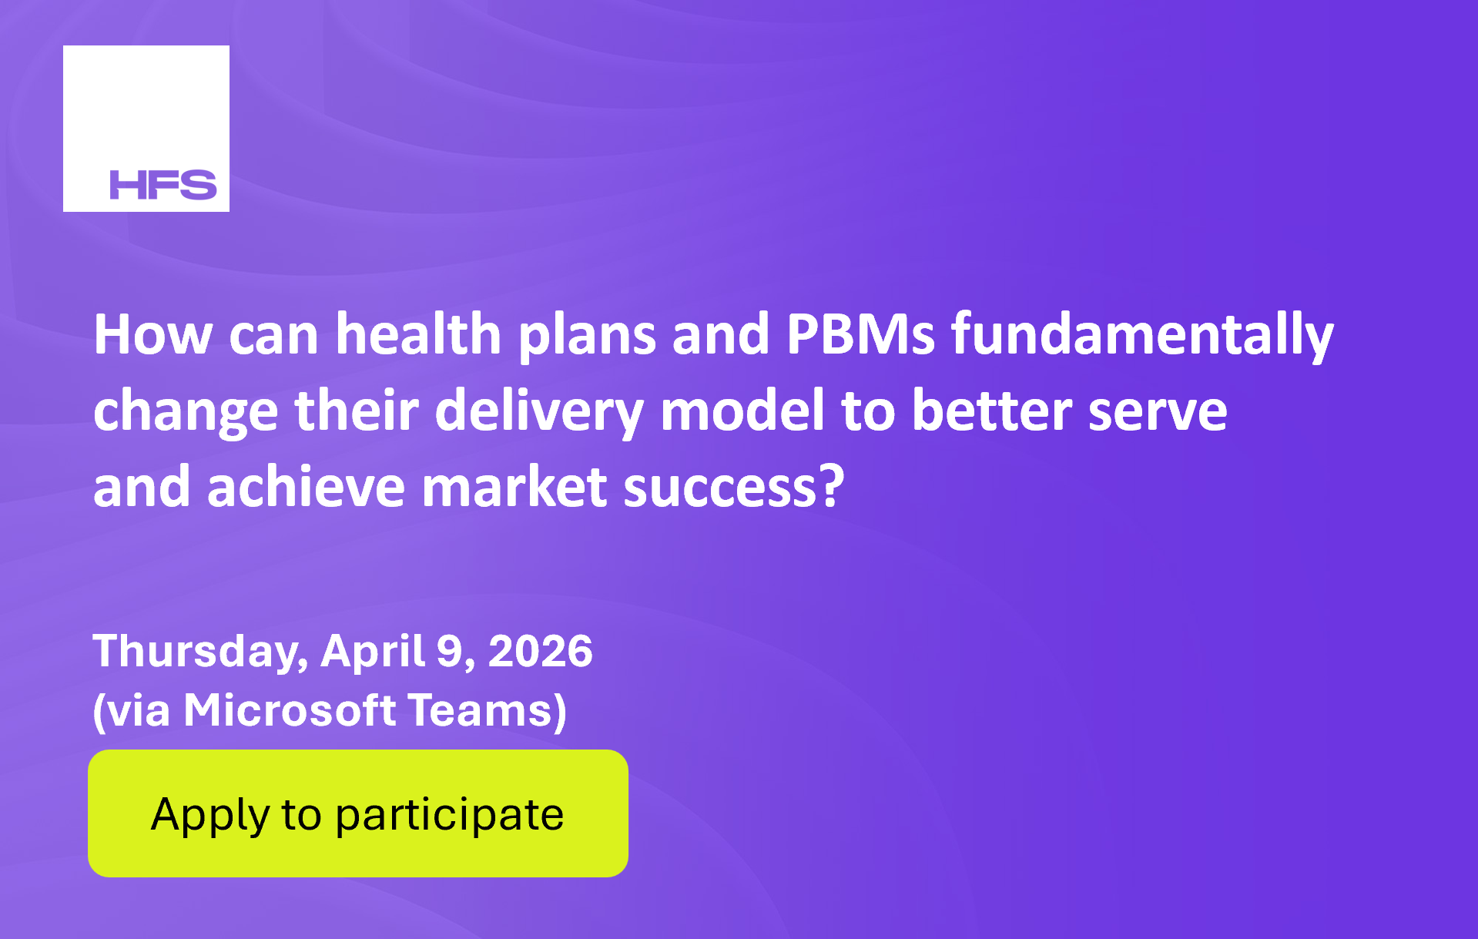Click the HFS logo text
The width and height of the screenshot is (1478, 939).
[163, 185]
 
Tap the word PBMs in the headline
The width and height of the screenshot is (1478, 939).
[860, 334]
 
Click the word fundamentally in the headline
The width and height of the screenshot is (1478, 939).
[1142, 336]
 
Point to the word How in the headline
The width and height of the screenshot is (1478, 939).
[153, 334]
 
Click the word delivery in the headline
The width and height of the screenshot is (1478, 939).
[539, 411]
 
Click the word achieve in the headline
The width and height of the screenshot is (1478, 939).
[306, 487]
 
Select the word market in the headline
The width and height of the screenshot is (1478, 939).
[514, 487]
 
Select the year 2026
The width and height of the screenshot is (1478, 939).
[541, 652]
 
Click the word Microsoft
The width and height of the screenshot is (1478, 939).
[290, 709]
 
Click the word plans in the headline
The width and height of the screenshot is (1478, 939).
[587, 336]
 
